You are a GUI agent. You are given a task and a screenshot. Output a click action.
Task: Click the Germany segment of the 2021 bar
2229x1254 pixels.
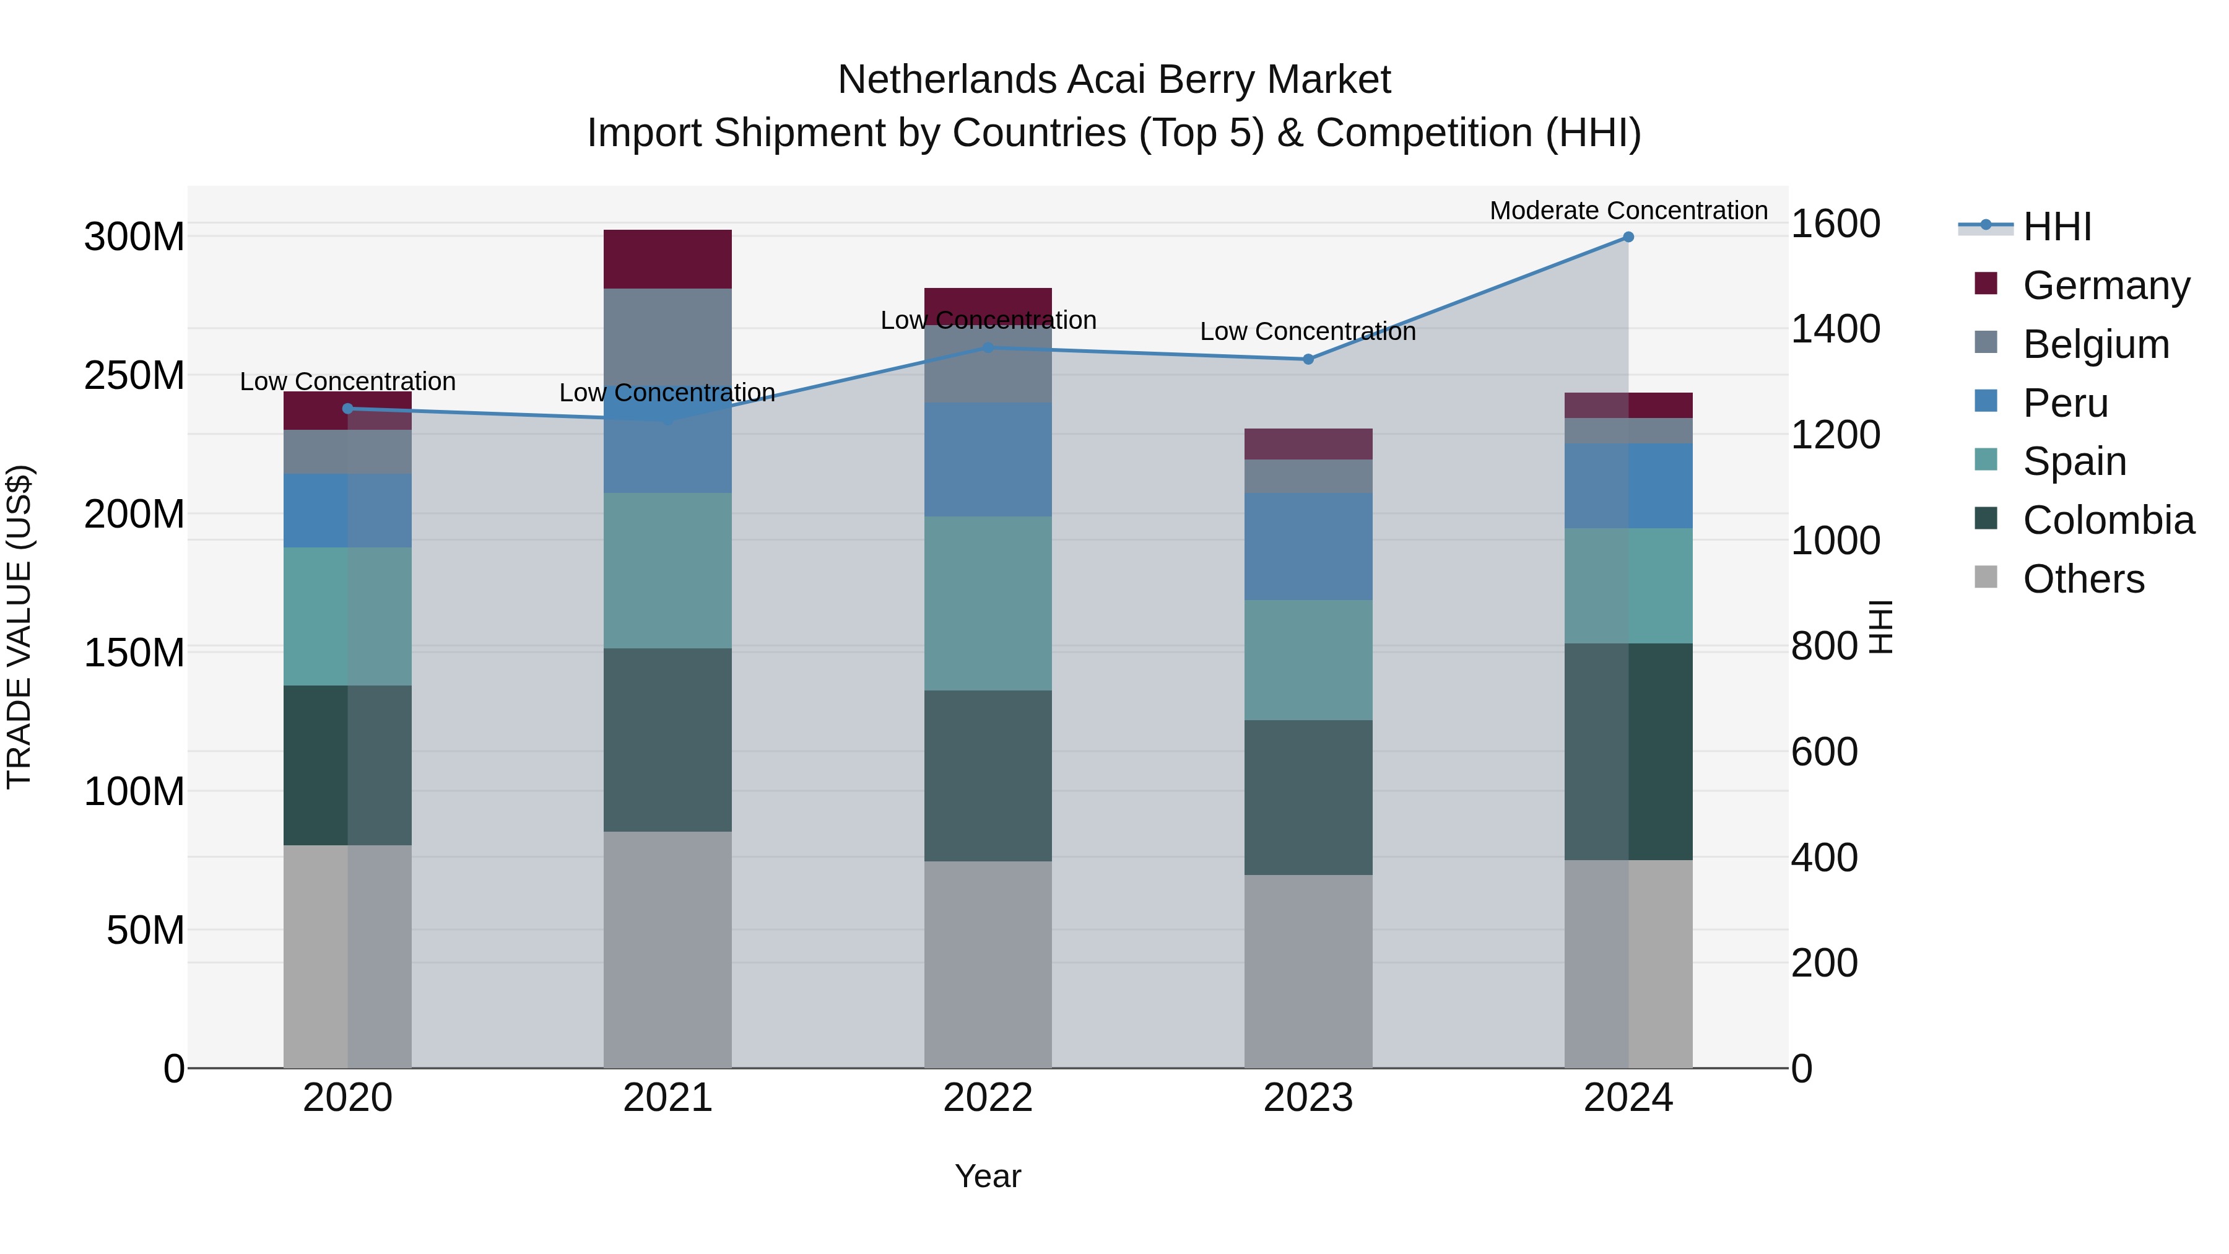pyautogui.click(x=667, y=259)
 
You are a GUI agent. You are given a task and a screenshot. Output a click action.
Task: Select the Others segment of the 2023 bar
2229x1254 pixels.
pyautogui.click(x=1308, y=971)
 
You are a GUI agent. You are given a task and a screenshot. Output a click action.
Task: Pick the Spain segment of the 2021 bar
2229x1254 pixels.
pyautogui.click(x=667, y=570)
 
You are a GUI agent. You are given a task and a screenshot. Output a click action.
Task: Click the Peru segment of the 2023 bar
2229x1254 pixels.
pyautogui.click(x=1308, y=546)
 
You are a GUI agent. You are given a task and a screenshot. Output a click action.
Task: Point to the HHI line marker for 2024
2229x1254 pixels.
pyautogui.click(x=1628, y=237)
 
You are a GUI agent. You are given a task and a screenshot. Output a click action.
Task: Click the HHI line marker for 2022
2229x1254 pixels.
pyautogui.click(x=988, y=348)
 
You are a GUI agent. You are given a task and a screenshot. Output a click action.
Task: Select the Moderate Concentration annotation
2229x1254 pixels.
pyautogui.click(x=1628, y=211)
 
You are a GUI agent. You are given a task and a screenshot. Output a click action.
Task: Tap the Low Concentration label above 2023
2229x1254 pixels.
pyautogui.click(x=1308, y=331)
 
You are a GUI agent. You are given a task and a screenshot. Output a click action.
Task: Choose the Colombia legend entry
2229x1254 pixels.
pyautogui.click(x=2107, y=520)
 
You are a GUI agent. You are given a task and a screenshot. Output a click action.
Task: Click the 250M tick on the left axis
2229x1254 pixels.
pyautogui.click(x=134, y=376)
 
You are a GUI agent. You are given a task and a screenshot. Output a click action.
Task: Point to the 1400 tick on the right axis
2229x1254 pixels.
pyautogui.click(x=1835, y=329)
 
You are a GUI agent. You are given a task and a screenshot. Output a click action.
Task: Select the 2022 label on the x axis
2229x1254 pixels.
pyautogui.click(x=988, y=1098)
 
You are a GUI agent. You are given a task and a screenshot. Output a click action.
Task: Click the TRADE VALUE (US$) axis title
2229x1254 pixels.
pyautogui.click(x=19, y=627)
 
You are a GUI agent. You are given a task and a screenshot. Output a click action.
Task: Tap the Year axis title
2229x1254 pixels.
pyautogui.click(x=988, y=1176)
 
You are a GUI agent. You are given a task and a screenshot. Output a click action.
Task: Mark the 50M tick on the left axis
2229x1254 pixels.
pyautogui.click(x=146, y=930)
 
